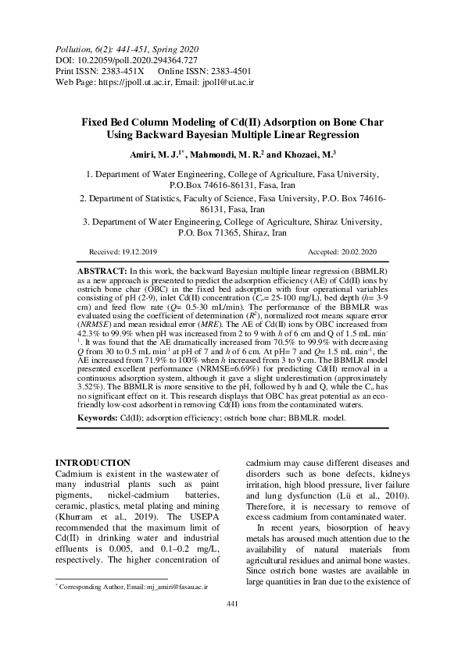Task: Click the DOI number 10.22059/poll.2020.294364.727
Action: (138, 59)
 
